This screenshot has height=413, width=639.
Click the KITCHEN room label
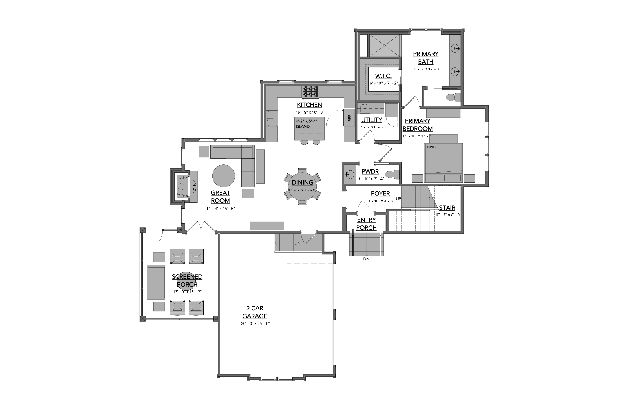tap(310, 105)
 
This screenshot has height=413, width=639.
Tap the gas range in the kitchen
tap(310, 92)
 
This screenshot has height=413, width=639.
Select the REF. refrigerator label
tap(350, 117)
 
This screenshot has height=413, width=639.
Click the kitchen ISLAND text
tap(303, 126)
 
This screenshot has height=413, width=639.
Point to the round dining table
tap(302, 186)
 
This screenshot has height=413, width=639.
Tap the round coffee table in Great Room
tap(224, 176)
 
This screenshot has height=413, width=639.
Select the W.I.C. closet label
tap(383, 76)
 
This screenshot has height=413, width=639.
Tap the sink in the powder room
tap(350, 175)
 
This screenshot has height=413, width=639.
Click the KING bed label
tap(431, 147)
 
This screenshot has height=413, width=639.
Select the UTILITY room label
tap(371, 120)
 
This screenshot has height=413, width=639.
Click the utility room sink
tap(365, 109)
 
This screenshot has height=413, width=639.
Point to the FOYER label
tap(380, 193)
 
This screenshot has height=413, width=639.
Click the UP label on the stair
tap(399, 199)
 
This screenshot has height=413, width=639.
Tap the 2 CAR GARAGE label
tap(255, 312)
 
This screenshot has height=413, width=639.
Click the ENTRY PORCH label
tap(366, 224)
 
